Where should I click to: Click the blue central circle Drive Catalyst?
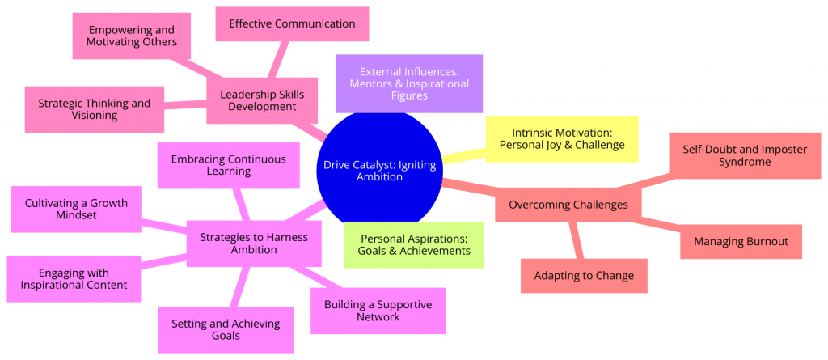click(x=379, y=171)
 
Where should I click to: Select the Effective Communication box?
click(x=292, y=23)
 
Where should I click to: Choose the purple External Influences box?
click(x=409, y=83)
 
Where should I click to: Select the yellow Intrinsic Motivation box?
click(x=561, y=138)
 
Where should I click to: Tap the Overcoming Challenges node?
click(x=568, y=205)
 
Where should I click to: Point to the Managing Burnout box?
click(x=741, y=241)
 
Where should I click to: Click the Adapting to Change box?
click(x=584, y=276)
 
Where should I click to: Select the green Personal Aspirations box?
click(x=415, y=244)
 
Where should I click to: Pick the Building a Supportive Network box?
click(x=378, y=311)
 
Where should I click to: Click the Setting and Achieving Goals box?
click(x=226, y=329)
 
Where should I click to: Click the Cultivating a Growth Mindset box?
click(x=75, y=210)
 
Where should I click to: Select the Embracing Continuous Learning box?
click(x=228, y=165)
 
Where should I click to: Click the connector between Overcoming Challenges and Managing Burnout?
click(x=661, y=225)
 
